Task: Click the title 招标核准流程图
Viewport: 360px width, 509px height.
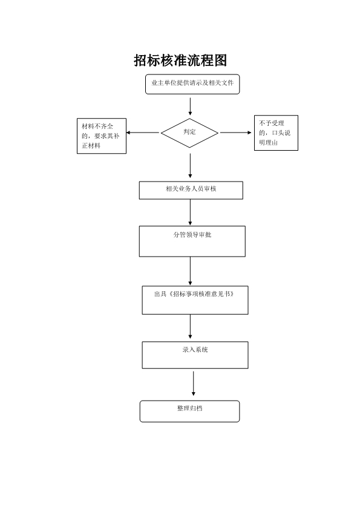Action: point(180,61)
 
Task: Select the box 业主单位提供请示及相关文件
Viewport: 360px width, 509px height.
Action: point(192,84)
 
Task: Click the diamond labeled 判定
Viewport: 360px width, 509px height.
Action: point(189,133)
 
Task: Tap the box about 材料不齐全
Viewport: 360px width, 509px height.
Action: point(102,136)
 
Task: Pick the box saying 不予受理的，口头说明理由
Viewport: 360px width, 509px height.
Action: point(276,133)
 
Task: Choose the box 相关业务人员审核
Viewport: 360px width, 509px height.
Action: point(191,190)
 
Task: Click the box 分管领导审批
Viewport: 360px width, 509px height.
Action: point(192,241)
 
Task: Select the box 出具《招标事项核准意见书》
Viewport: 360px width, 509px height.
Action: point(195,300)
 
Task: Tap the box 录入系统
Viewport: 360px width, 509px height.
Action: point(195,355)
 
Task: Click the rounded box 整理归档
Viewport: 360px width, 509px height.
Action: point(189,412)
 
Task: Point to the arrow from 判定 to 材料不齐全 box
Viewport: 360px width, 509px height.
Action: point(143,133)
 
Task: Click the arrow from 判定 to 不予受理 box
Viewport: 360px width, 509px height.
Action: point(236,133)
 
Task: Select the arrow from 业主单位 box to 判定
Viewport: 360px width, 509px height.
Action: point(190,107)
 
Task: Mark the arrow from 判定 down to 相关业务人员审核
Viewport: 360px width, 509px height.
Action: point(190,166)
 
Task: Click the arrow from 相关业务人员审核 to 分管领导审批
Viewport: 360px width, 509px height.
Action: point(190,212)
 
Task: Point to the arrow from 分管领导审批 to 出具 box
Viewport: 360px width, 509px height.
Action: point(190,271)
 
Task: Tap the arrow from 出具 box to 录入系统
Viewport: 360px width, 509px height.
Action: point(190,327)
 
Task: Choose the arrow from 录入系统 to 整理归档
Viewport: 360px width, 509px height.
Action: point(194,384)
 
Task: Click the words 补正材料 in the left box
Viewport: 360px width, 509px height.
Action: point(100,141)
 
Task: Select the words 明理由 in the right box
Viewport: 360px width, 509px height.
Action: point(269,142)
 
